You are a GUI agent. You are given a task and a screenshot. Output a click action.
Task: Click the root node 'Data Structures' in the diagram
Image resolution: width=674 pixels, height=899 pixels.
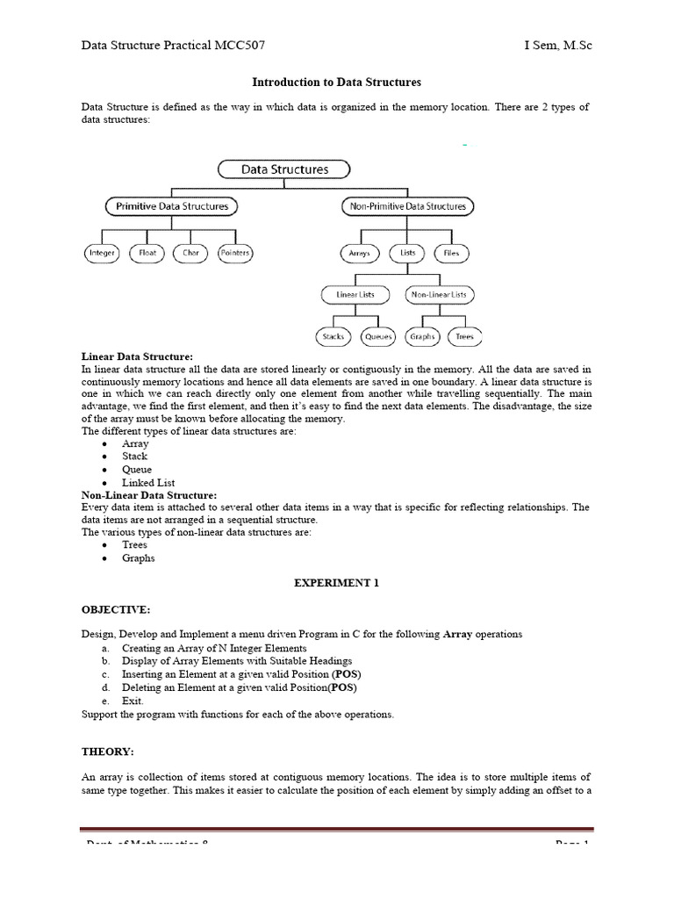pos(284,169)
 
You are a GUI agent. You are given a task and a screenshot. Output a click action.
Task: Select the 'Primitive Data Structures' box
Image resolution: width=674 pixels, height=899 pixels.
pos(172,207)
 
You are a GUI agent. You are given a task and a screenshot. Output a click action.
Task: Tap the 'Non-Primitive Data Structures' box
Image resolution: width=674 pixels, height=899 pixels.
pos(406,207)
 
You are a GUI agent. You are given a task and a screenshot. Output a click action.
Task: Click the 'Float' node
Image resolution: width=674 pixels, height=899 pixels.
pos(148,253)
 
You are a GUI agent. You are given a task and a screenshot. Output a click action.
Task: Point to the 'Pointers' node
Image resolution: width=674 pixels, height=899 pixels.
pos(234,253)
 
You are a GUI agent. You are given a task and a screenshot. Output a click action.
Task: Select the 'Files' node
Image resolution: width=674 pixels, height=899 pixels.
pos(450,253)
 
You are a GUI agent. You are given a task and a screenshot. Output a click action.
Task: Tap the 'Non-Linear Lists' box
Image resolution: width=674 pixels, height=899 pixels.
pos(440,294)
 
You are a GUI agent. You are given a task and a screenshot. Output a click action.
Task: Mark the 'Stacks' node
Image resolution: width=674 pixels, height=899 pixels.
pos(332,336)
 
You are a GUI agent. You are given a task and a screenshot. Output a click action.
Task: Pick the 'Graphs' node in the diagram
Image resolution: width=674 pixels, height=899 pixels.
pos(423,336)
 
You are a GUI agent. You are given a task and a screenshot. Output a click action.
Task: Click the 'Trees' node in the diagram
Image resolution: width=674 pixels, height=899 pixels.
pos(465,336)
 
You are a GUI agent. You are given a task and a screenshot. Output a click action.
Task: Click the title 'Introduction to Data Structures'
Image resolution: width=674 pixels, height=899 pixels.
pos(336,82)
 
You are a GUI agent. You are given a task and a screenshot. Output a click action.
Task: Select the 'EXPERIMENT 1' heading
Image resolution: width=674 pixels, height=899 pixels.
pos(336,583)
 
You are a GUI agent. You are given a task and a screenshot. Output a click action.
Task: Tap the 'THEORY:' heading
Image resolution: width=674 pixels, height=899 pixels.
pos(106,752)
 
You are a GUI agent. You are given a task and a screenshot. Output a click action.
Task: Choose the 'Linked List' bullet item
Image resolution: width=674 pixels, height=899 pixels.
pos(148,482)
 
